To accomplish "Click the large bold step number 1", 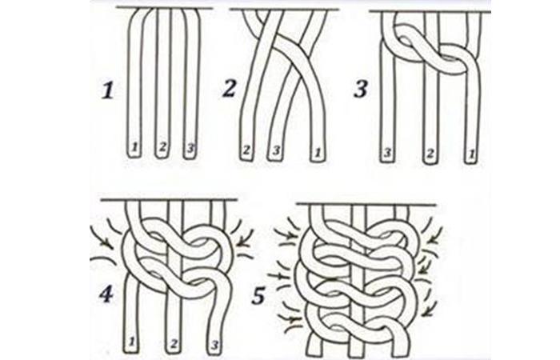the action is coord(108,90).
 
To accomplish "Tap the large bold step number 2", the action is coord(230,89).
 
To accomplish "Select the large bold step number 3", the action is coord(361,89).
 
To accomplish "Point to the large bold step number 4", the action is coord(106,294).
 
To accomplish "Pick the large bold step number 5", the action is coord(258,295).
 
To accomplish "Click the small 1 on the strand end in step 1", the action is coord(134,146).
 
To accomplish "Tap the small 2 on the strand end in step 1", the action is coord(162,146).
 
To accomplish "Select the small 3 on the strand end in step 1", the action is coord(190,146).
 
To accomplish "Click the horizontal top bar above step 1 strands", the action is coord(165,7).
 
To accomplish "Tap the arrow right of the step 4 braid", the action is coord(246,238).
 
